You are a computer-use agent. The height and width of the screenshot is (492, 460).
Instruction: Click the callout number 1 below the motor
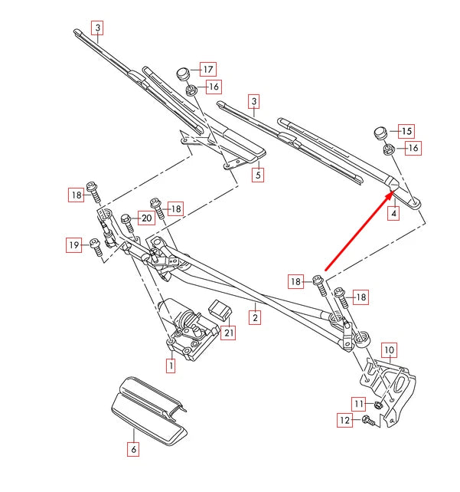coord(170,366)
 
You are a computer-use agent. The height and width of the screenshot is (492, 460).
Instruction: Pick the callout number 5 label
coord(259,175)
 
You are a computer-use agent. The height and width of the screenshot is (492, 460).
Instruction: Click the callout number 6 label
coord(133,451)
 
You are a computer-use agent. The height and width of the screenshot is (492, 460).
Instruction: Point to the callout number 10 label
coord(389,352)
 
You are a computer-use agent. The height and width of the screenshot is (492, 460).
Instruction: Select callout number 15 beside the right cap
coord(406,131)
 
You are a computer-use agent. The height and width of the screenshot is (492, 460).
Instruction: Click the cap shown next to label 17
coord(182,74)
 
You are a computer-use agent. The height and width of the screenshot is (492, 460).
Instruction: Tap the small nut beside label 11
coord(378,404)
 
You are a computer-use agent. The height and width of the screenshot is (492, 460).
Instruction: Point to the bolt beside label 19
coord(96,247)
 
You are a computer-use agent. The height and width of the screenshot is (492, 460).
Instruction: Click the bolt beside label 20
coord(126,221)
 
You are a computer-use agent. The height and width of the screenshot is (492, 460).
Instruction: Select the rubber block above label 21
coord(220,310)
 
